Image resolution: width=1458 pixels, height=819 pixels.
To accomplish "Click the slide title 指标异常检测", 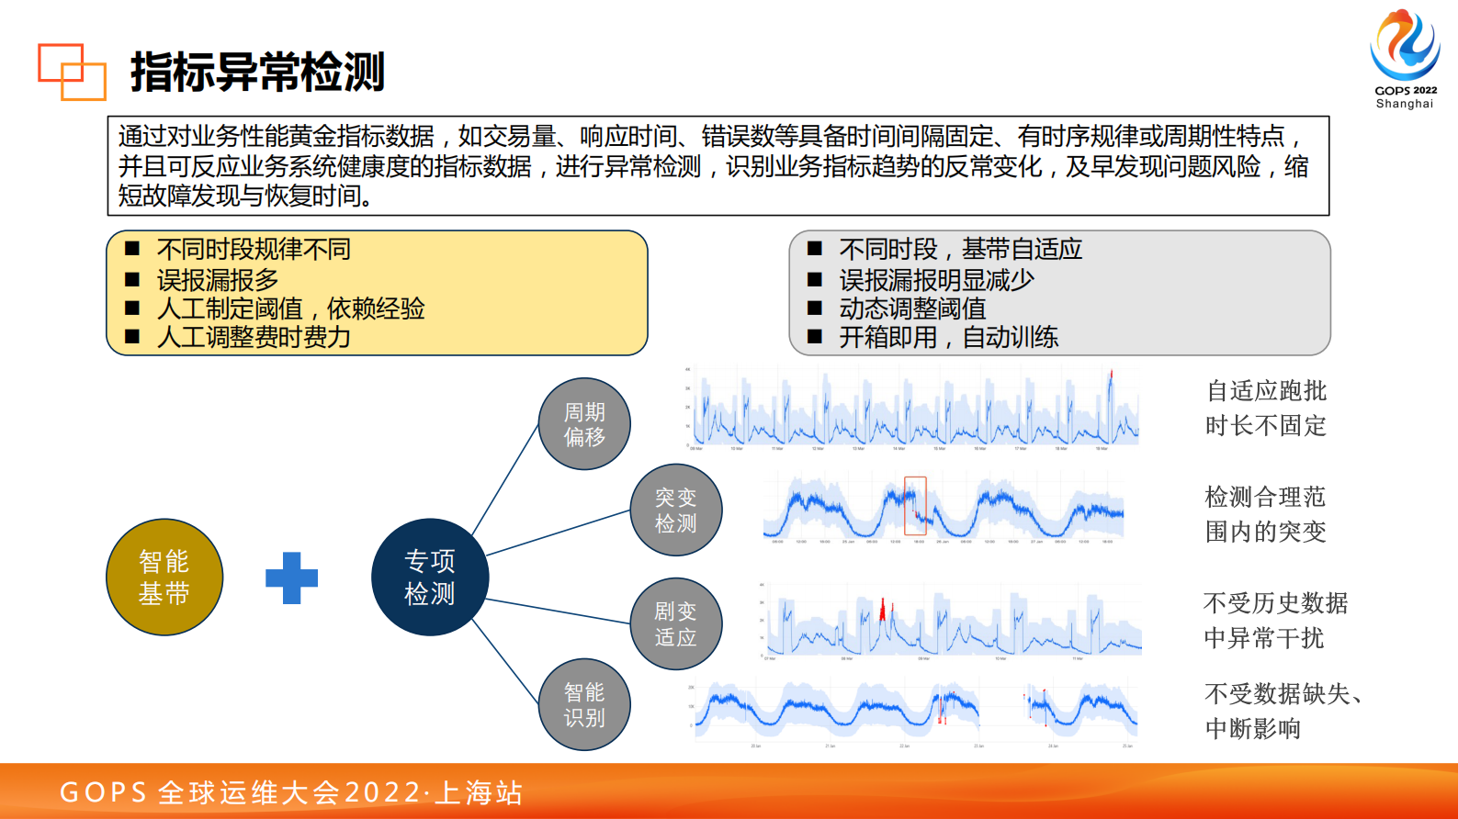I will coord(257,73).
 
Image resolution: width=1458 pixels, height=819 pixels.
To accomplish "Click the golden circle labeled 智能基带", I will coord(164,578).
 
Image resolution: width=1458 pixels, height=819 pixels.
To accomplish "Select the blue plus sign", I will coord(291,578).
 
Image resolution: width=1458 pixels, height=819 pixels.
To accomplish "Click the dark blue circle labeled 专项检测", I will coord(430,578).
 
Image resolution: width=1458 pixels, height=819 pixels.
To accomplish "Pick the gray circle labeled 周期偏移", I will coord(584,424).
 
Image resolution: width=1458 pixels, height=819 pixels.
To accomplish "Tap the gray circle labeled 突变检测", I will coord(676,510).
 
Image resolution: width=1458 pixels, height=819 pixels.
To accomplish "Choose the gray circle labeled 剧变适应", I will coord(676,624).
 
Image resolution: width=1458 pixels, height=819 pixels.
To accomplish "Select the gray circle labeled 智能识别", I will coord(584,705).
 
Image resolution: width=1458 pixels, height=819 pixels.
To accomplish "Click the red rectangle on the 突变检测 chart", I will coord(915,506).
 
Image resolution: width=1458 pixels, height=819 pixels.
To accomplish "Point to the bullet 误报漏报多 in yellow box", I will coord(218,279).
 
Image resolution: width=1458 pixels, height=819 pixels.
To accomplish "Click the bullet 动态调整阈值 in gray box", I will coord(912,309).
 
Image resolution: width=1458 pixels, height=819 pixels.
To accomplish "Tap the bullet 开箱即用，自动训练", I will coord(948,338).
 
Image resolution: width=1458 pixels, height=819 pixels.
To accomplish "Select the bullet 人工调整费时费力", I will coord(254,338).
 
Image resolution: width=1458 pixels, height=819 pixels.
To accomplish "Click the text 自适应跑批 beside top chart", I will coord(1266,391).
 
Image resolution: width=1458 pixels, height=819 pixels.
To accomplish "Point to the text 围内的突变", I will coord(1265,532).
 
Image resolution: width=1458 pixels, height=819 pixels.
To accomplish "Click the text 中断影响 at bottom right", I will coord(1253,729).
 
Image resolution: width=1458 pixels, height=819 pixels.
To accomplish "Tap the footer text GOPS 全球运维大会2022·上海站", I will coord(291,792).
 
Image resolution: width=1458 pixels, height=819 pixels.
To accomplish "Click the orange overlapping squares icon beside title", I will coord(72,72).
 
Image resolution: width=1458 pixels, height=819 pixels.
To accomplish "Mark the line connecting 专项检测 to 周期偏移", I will coord(505,480).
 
